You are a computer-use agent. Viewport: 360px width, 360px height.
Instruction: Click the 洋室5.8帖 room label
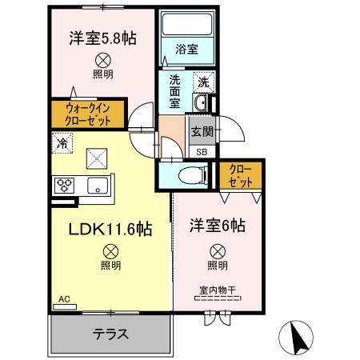click(x=101, y=37)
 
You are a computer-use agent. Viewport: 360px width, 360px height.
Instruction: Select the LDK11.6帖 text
click(x=110, y=230)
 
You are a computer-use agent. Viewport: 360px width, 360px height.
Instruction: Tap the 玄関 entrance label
click(x=201, y=131)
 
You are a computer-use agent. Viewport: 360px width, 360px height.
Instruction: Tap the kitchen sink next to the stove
click(x=98, y=186)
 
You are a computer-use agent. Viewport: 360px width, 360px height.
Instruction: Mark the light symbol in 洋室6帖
click(x=217, y=250)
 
